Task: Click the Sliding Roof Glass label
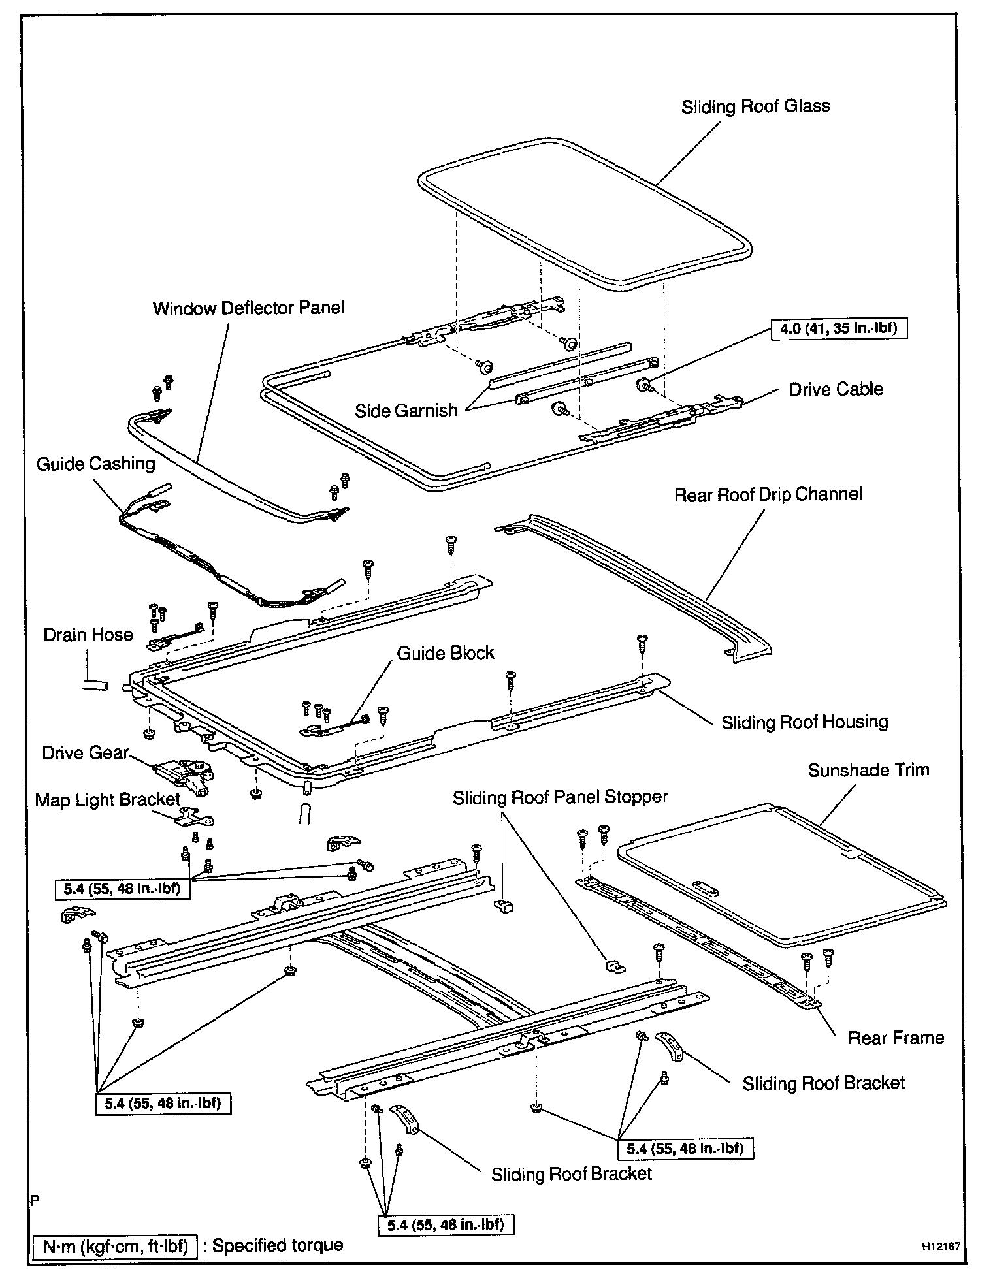point(755,106)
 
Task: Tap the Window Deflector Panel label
point(248,308)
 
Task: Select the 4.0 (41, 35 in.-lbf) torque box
point(838,328)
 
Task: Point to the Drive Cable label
point(836,389)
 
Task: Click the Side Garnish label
point(406,410)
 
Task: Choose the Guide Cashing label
point(95,464)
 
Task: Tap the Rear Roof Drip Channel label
point(768,494)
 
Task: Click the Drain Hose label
point(88,635)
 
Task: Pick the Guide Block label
point(446,653)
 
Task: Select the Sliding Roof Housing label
point(804,722)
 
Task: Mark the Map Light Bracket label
point(107,800)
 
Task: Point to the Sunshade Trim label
point(868,770)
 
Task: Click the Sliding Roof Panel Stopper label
point(561,797)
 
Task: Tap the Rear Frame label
point(896,1038)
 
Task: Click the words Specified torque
point(278,1245)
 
